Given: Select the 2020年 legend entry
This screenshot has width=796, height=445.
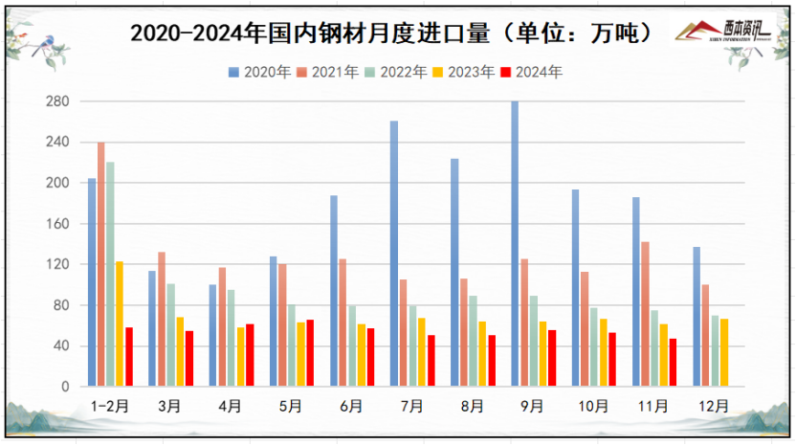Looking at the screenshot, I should (259, 72).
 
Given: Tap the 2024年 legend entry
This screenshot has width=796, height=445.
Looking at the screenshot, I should (539, 72).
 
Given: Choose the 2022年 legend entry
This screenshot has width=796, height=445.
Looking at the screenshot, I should (399, 72).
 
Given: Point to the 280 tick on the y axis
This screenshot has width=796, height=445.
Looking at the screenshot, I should (60, 101).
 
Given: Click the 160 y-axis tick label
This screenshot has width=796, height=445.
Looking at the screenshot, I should (60, 224).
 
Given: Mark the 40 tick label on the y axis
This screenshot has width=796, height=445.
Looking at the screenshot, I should (63, 346).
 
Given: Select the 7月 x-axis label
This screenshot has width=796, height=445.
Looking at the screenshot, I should (412, 406).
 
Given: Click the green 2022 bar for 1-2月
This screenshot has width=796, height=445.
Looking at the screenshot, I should (111, 275).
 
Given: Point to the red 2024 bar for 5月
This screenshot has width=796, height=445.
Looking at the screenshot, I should (310, 353).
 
